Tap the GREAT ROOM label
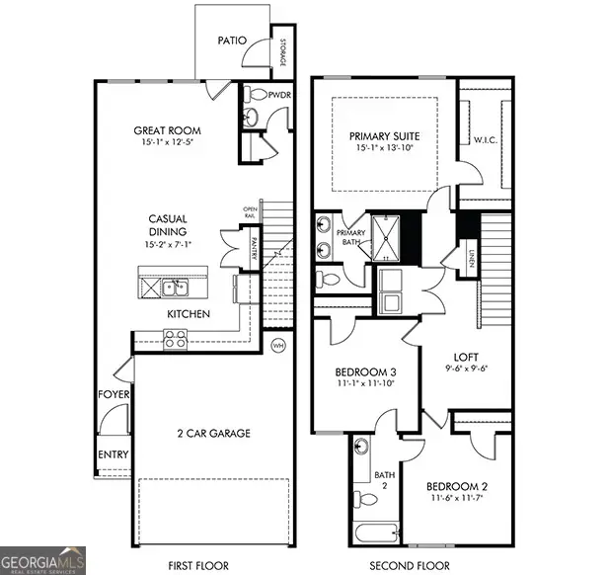coord(168,130)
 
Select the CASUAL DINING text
coord(168,225)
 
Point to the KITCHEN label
coord(188,313)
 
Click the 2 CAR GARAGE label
coord(214,433)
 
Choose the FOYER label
coord(108,393)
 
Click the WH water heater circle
coord(278,346)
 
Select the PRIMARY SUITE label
coord(385,137)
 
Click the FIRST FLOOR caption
coord(198,565)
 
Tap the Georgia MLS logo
coord(43,558)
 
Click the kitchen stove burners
coord(175,339)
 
